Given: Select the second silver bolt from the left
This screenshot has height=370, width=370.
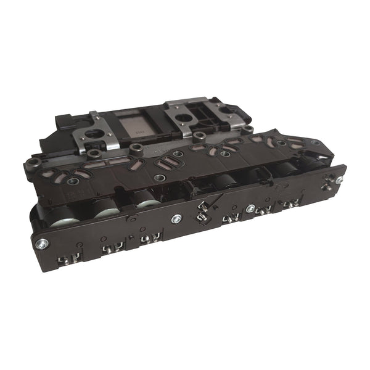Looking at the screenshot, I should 177,218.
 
